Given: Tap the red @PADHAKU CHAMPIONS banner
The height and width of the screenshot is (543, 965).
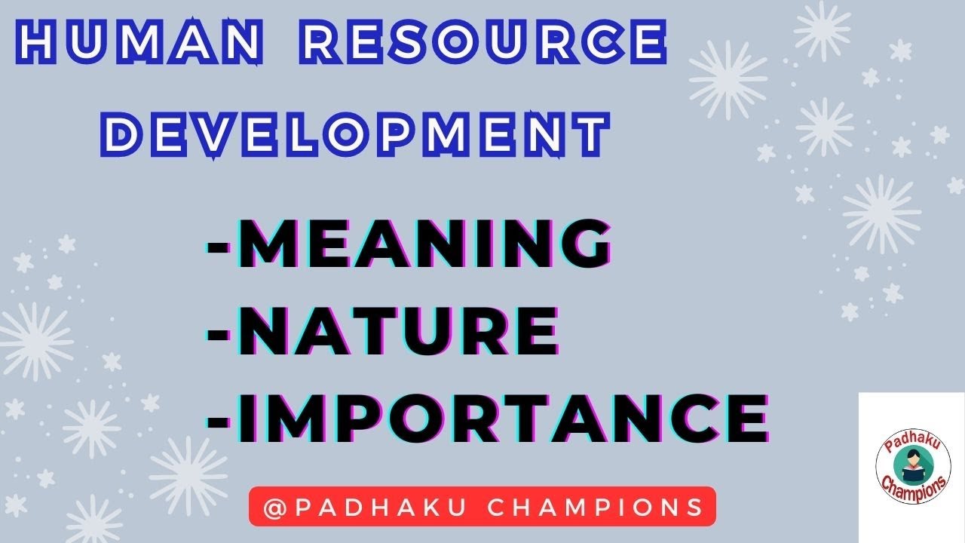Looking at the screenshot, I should [x=482, y=506].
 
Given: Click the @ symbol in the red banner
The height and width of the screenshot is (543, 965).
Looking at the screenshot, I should [x=274, y=507].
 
